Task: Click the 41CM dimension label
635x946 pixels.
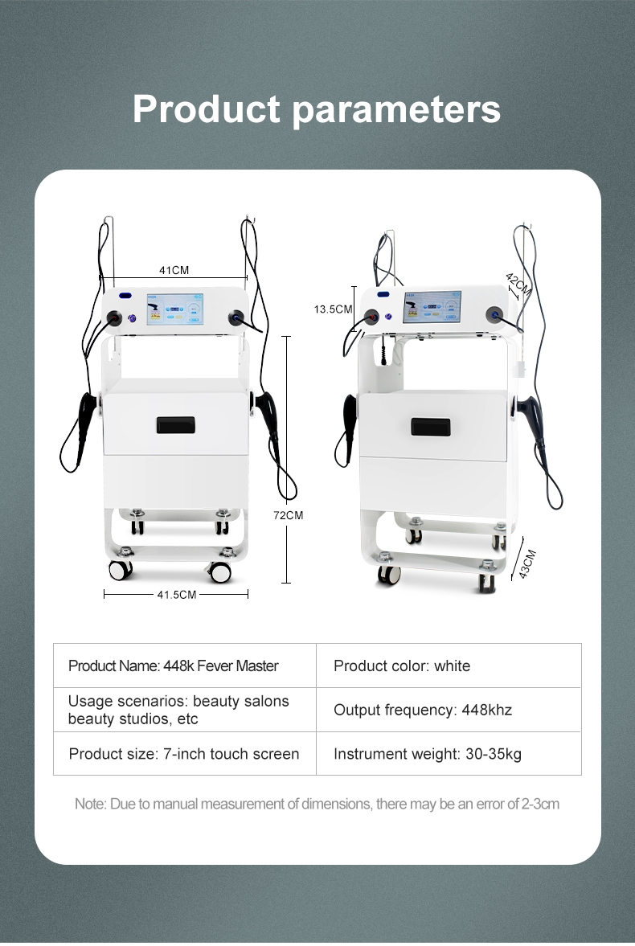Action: point(174,270)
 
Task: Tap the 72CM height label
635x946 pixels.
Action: point(288,515)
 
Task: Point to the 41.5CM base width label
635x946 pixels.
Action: point(176,595)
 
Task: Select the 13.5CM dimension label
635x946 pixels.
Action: point(333,309)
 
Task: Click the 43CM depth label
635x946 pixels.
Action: point(527,564)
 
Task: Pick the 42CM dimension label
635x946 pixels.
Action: point(518,285)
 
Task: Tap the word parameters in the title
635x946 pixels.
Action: point(396,112)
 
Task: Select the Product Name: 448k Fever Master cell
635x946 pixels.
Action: point(185,665)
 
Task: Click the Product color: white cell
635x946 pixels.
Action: point(449,665)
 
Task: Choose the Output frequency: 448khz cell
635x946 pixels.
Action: point(449,710)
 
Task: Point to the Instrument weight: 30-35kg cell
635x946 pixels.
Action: point(449,754)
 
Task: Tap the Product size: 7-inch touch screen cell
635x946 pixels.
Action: point(185,754)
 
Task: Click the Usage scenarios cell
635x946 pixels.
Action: point(185,710)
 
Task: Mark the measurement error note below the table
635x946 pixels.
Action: point(317,804)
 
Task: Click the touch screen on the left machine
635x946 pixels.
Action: point(174,309)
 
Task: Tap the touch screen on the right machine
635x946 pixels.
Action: point(432,306)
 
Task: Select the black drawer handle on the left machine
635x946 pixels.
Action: point(176,424)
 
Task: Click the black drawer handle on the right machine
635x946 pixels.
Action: point(430,427)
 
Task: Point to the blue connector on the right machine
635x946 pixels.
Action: point(497,313)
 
